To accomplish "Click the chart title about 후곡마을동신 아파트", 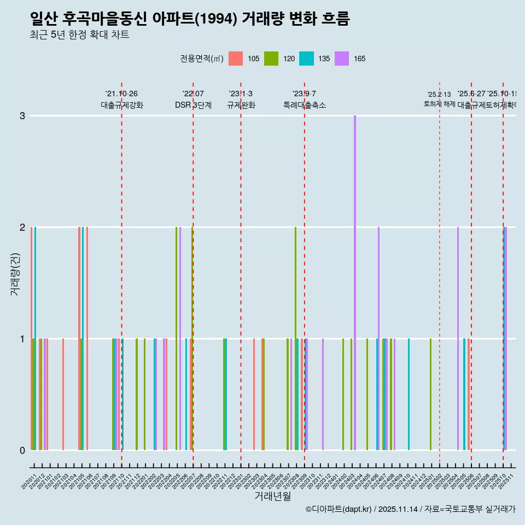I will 189,19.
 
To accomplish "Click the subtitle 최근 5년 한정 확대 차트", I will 79,36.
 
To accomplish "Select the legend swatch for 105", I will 235,59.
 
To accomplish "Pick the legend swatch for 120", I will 271,59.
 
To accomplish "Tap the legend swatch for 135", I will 306,59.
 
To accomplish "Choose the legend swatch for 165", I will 342,59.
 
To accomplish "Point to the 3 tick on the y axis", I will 22,116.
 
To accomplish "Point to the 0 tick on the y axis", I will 22,451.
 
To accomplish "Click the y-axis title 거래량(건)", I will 15,273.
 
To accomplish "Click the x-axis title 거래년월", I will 272,496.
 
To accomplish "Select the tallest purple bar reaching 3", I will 355,283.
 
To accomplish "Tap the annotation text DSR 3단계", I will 193,105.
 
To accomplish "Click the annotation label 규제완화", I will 241,105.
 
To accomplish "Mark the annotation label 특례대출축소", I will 304,105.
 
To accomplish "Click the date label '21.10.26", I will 121,94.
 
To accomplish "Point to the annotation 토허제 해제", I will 439,103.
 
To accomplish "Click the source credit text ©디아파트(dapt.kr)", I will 339,509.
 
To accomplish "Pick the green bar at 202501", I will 430,394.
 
